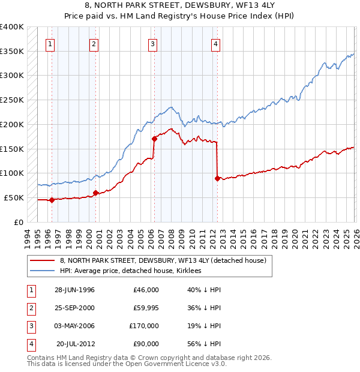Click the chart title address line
(180, 5)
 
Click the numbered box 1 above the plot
(51, 43)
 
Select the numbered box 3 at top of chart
(153, 43)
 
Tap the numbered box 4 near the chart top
(215, 43)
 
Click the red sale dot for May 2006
(154, 139)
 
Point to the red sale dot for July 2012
(217, 178)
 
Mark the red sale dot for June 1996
(52, 200)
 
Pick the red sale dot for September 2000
(95, 193)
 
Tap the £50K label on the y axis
(14, 197)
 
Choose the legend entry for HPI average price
(130, 271)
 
